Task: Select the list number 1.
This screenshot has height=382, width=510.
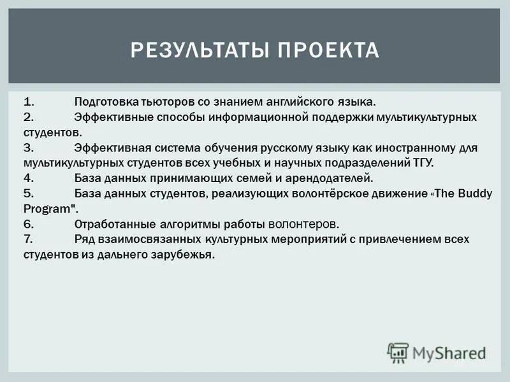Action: [x=29, y=102]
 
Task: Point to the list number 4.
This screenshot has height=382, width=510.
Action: [x=29, y=178]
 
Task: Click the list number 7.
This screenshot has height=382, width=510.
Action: [x=29, y=239]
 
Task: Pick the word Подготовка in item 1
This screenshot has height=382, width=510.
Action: [x=103, y=102]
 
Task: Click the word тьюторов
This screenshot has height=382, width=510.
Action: [x=159, y=102]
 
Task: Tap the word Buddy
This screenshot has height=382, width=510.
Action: [x=473, y=194]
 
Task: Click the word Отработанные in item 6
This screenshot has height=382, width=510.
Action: [x=110, y=224]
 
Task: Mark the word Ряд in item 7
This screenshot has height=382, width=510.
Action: [x=85, y=239]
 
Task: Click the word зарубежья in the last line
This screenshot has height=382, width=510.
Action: [x=187, y=255]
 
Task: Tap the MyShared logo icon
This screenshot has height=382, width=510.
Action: [x=398, y=352]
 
